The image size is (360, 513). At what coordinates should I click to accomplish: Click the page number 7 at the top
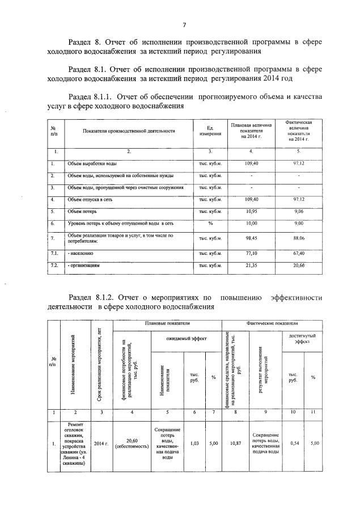click(x=185, y=25)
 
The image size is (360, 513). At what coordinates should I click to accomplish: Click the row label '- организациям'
click(x=85, y=265)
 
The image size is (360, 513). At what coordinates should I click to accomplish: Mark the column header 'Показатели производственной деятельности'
click(x=129, y=131)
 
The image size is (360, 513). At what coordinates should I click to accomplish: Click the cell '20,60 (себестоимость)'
click(x=132, y=443)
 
